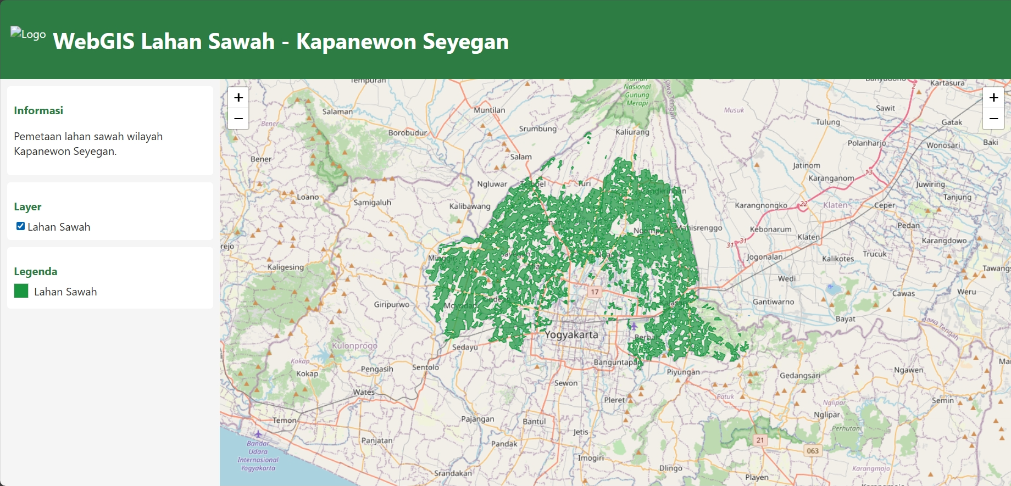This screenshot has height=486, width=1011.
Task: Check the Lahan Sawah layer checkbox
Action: tap(20, 226)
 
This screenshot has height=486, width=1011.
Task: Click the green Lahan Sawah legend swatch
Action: tap(21, 291)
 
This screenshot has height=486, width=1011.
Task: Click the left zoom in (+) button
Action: tap(238, 98)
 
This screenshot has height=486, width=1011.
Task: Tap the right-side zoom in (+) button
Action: tap(993, 98)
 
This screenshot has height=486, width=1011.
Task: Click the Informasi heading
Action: tap(38, 110)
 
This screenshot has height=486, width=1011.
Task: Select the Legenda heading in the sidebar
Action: tap(36, 271)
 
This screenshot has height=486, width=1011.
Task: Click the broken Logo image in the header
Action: tap(28, 34)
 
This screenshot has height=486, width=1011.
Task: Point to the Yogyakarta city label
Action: tap(571, 334)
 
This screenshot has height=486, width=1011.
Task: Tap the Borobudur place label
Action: tap(407, 133)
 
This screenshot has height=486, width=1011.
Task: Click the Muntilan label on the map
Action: tap(489, 110)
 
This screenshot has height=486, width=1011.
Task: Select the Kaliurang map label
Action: tap(632, 132)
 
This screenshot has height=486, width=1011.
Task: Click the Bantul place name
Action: tap(534, 421)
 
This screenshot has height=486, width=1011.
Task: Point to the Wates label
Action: tap(364, 392)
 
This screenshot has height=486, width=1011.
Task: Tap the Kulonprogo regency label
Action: tap(354, 345)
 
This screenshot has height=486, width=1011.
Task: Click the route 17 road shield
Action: tap(595, 292)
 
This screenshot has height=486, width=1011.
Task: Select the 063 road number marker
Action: tap(813, 451)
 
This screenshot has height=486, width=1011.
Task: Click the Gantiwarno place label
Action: tap(773, 301)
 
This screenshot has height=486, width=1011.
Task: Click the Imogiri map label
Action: tap(591, 457)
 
